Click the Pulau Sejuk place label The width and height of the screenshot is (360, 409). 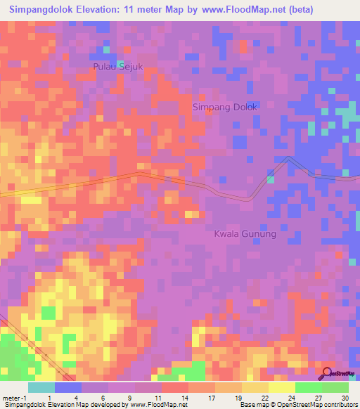tap(118, 67)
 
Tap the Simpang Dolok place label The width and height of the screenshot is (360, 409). tap(225, 107)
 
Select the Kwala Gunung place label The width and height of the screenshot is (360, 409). tap(245, 234)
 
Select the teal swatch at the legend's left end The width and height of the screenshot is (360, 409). tap(41, 387)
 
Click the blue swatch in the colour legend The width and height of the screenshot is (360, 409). tap(68, 387)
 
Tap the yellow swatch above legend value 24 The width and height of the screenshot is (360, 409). tap(281, 387)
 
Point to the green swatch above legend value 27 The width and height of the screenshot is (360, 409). tap(308, 387)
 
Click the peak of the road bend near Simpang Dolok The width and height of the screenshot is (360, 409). tap(288, 158)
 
